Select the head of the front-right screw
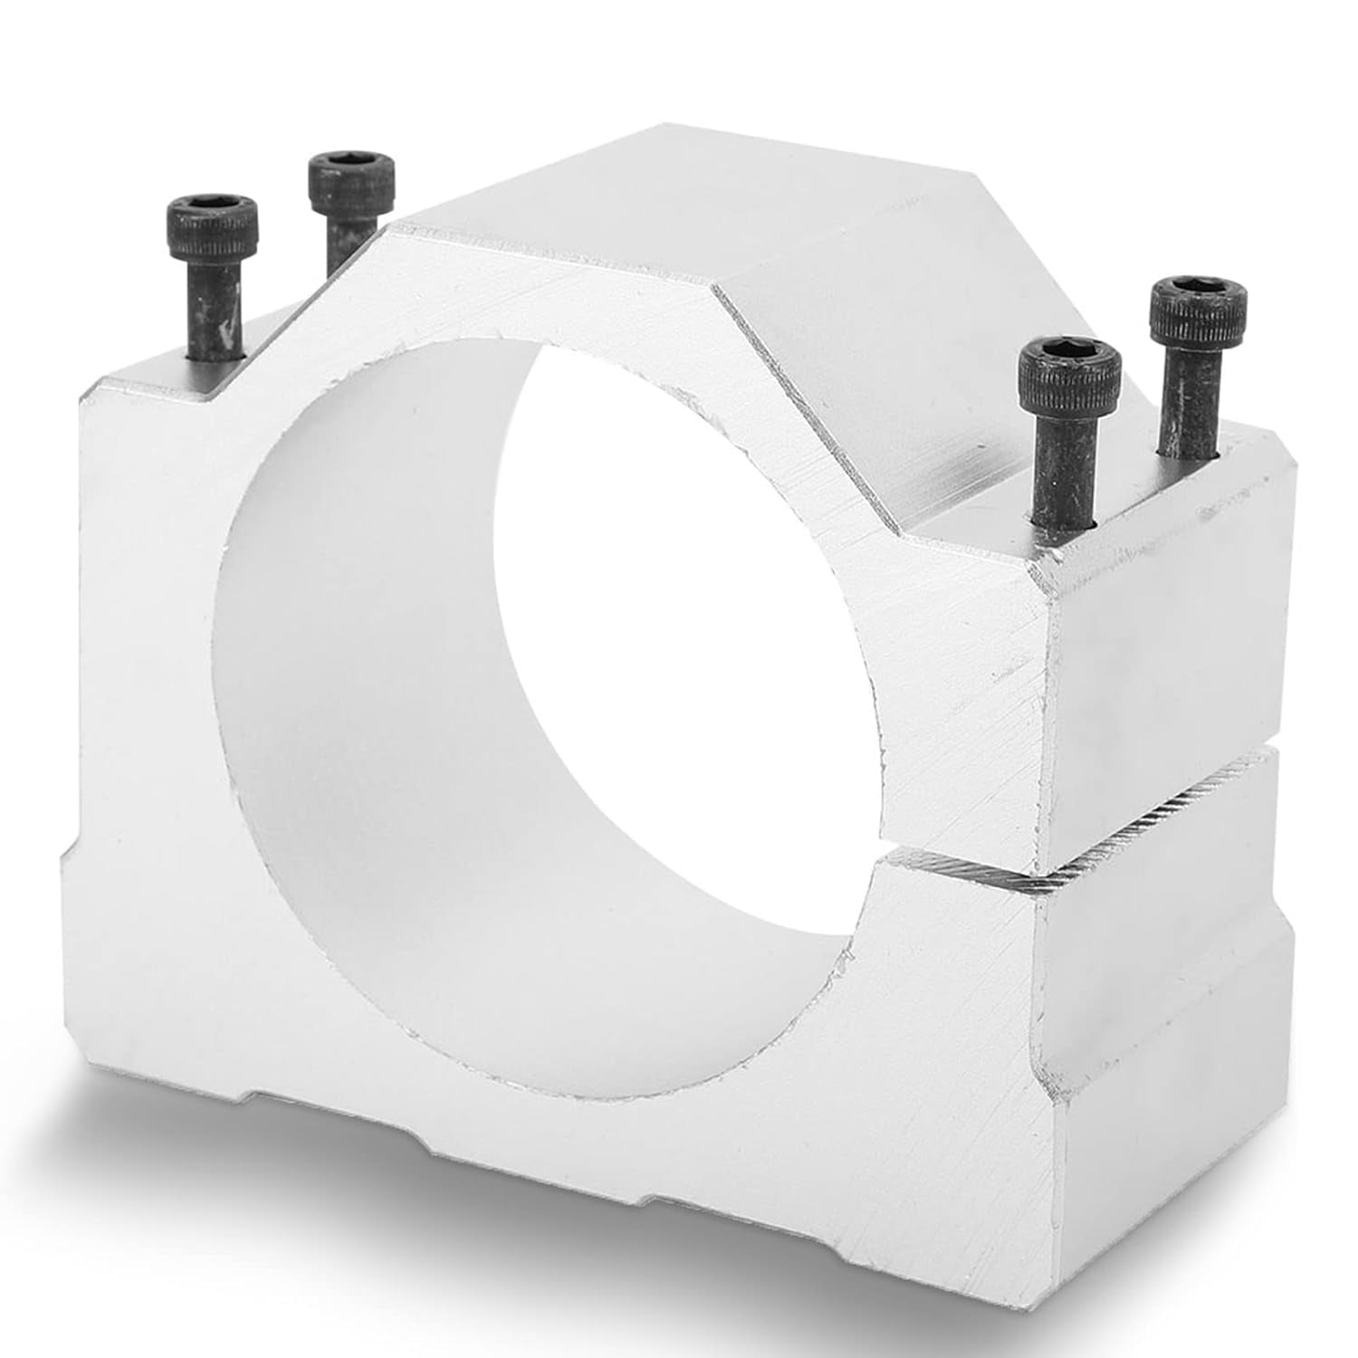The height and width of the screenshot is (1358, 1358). click(x=1070, y=373)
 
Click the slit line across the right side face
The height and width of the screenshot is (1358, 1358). click(x=1168, y=797)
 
